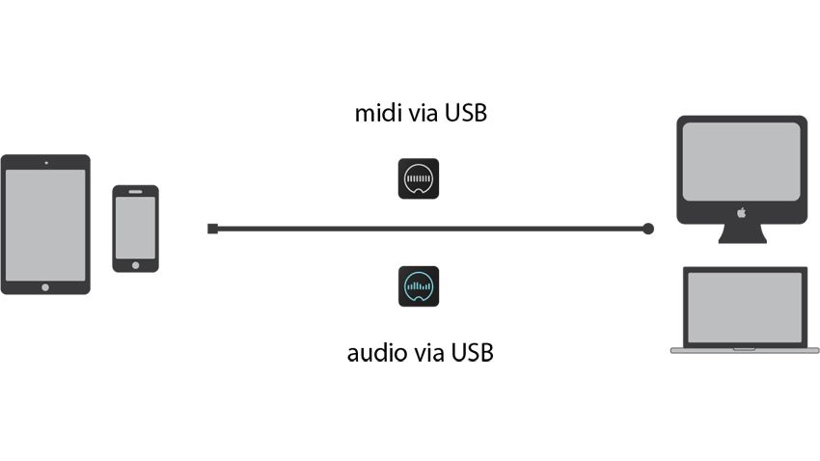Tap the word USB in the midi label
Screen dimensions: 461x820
tap(465, 114)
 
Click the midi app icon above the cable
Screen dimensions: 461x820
tap(419, 178)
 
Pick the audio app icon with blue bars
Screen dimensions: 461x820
tap(419, 286)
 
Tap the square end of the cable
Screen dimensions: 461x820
tap(212, 229)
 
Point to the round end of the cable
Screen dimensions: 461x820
tap(648, 229)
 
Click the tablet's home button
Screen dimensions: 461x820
tap(44, 286)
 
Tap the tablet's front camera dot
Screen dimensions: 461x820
tap(44, 162)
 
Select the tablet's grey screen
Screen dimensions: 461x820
tap(44, 224)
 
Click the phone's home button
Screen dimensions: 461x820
tap(135, 264)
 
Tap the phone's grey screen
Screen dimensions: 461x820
tap(135, 228)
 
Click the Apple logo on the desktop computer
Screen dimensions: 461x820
tap(741, 211)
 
